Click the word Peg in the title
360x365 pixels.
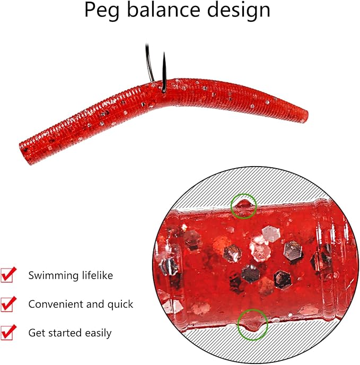click(x=102, y=11)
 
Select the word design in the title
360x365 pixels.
click(x=239, y=11)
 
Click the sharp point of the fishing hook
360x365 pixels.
click(x=164, y=53)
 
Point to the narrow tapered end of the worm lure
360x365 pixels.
click(x=305, y=116)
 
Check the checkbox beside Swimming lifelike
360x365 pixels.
click(x=7, y=275)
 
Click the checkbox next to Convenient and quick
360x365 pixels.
click(x=7, y=304)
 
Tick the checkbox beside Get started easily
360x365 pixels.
click(x=7, y=333)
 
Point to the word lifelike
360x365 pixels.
click(x=98, y=275)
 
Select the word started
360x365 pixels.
click(x=65, y=333)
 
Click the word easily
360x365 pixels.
click(x=98, y=333)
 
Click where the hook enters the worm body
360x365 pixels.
click(x=164, y=90)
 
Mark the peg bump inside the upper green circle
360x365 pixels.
click(x=243, y=204)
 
